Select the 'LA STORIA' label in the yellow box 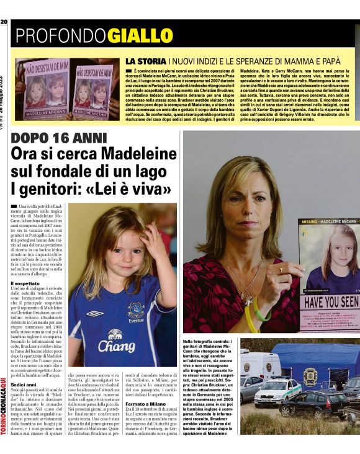(x=146, y=62)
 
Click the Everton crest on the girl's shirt (x=136, y=310)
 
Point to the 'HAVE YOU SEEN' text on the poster (x=330, y=301)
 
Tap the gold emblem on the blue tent (x=309, y=376)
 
